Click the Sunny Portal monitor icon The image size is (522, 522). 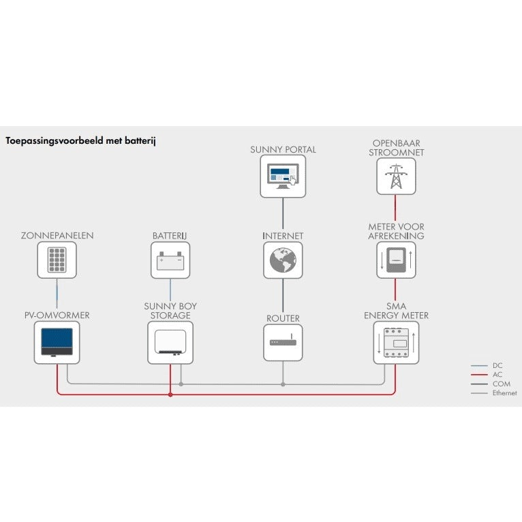point(283,176)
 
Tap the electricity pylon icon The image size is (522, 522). point(396,176)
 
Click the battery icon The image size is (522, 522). point(170,260)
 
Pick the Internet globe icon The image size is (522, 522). point(283,260)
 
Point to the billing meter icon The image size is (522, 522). point(396,260)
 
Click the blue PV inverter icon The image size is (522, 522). point(57,343)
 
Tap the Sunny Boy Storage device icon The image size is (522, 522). point(170,343)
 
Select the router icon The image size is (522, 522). point(283,342)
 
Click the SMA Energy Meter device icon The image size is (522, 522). point(396,343)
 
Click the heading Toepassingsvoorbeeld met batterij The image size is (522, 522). point(81,142)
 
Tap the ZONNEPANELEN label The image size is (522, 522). point(57,236)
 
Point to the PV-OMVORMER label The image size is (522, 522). point(57,316)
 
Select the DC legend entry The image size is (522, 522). point(497,366)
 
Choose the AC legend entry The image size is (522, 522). point(497,375)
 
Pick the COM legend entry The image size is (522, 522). point(500,384)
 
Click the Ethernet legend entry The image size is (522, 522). point(504,393)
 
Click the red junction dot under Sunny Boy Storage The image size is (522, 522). point(170,394)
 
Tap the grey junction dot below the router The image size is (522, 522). point(283,384)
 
